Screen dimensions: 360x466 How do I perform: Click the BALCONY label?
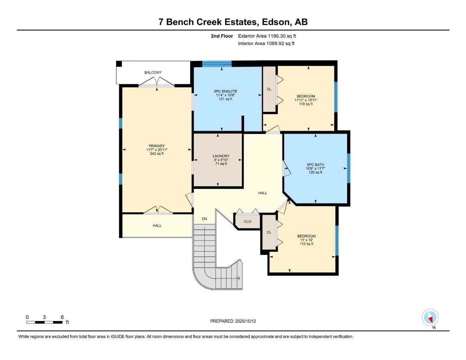coord(153,72)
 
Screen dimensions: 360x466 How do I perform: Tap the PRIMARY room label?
coord(157,146)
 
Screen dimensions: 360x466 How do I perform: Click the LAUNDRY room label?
coord(221,156)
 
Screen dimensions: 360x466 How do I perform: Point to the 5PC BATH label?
coord(315,165)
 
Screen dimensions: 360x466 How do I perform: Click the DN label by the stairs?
coord(204,219)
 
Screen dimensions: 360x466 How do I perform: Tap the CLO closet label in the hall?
coord(248,221)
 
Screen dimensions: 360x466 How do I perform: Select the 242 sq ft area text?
coord(157,154)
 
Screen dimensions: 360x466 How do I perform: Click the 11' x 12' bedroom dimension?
coord(306,240)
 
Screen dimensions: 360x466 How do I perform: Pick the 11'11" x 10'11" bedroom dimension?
coord(306,100)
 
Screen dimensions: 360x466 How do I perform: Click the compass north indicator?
coord(430,318)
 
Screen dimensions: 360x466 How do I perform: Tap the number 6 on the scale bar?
coord(62,317)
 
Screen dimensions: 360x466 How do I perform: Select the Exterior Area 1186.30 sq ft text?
coord(267,36)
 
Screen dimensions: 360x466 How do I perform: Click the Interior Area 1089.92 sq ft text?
coord(266,44)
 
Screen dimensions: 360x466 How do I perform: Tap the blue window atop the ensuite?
coord(217,64)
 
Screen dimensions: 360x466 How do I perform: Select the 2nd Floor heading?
coord(222,36)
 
